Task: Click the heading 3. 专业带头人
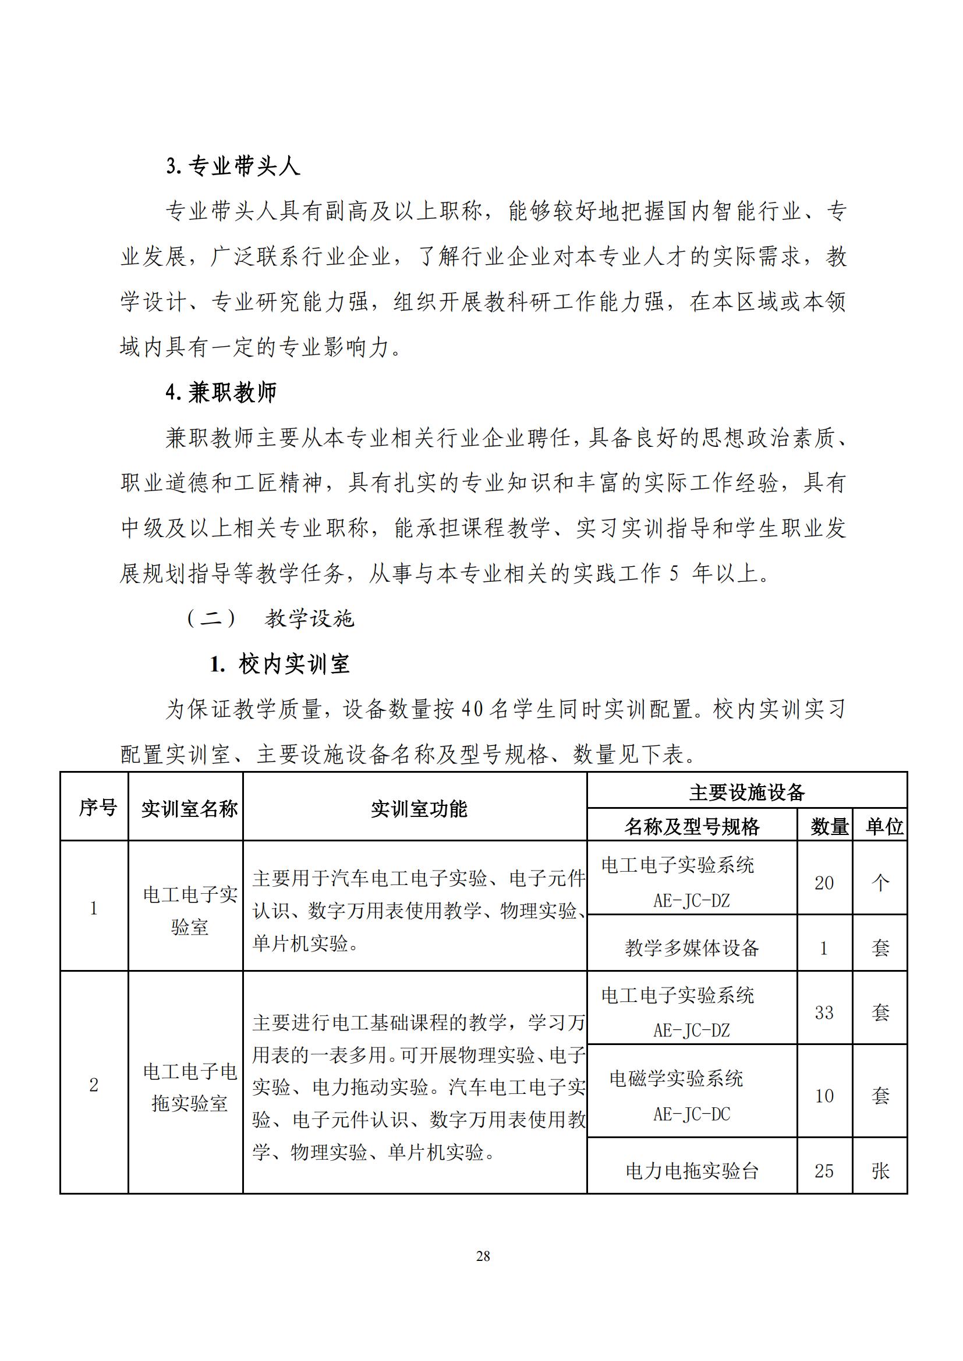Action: coord(232,166)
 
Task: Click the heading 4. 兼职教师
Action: coord(221,392)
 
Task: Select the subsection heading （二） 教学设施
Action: coord(270,619)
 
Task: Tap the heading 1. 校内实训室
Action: coord(279,664)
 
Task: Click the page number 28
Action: coord(483,1256)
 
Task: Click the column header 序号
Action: coord(97,808)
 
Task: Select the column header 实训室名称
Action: coord(189,809)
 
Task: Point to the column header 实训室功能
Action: coord(419,809)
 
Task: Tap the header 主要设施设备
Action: coord(746,792)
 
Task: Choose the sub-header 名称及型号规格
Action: coord(692,826)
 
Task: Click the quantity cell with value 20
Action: coord(824,883)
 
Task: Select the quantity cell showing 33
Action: coord(824,1012)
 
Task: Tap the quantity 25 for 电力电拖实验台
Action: coord(824,1171)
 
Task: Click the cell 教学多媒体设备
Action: coord(692,948)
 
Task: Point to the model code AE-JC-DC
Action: coord(692,1114)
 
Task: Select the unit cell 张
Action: coord(880,1171)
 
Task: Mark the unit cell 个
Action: coord(880,883)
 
